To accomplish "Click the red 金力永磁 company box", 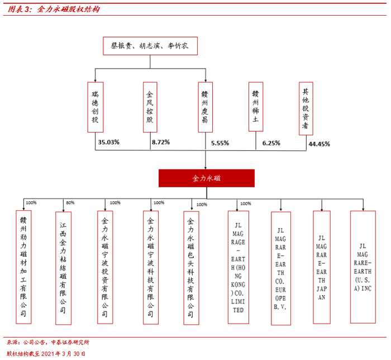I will click(206, 178).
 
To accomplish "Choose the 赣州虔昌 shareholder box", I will click(204, 107).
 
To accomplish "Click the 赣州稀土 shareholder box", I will click(255, 107).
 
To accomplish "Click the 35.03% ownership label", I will click(109, 143).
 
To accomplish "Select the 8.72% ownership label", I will click(160, 143).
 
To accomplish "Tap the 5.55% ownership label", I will click(220, 143).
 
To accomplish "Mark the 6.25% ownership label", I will click(271, 143).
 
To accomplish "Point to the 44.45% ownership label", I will click(319, 144).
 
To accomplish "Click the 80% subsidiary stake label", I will click(70, 202).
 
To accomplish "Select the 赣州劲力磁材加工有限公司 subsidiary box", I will click(23, 267).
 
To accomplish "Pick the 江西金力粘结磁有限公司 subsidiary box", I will click(63, 267).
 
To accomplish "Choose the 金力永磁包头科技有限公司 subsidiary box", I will click(190, 267).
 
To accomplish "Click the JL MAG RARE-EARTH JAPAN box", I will click(321, 267).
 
